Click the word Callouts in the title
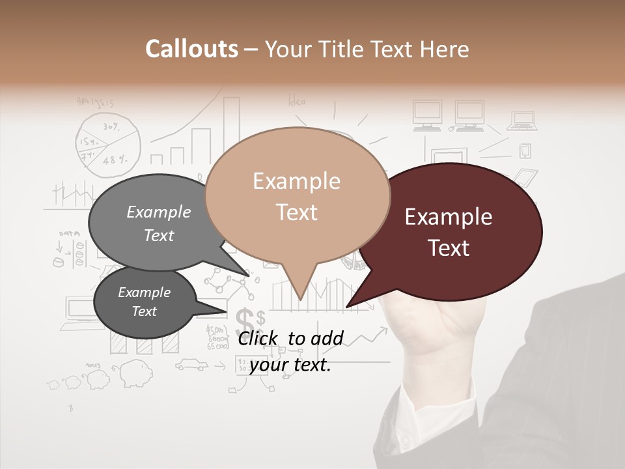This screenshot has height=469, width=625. pyautogui.click(x=191, y=49)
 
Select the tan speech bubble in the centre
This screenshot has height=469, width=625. pyautogui.click(x=297, y=195)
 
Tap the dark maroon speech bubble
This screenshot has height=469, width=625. pyautogui.click(x=449, y=232)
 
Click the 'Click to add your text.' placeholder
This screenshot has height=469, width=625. pyautogui.click(x=290, y=351)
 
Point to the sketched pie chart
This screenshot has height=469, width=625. pyautogui.click(x=108, y=145)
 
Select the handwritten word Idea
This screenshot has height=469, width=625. pyautogui.click(x=297, y=101)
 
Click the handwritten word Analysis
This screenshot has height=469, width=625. pyautogui.click(x=95, y=102)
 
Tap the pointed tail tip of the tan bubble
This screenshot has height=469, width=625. pyautogui.click(x=300, y=300)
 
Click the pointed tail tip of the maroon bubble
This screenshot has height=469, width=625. pyautogui.click(x=347, y=306)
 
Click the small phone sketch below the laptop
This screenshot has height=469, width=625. pyautogui.click(x=525, y=151)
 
